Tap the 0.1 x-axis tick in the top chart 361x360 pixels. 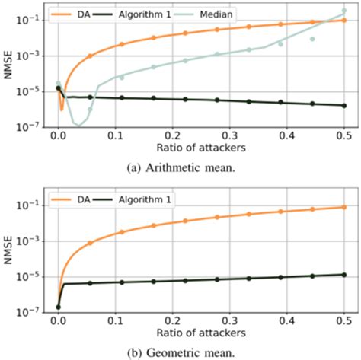pyautogui.click(x=116, y=132)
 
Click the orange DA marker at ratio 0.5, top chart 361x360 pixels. pyautogui.click(x=344, y=21)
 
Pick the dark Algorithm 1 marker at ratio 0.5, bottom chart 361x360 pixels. pyautogui.click(x=344, y=275)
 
